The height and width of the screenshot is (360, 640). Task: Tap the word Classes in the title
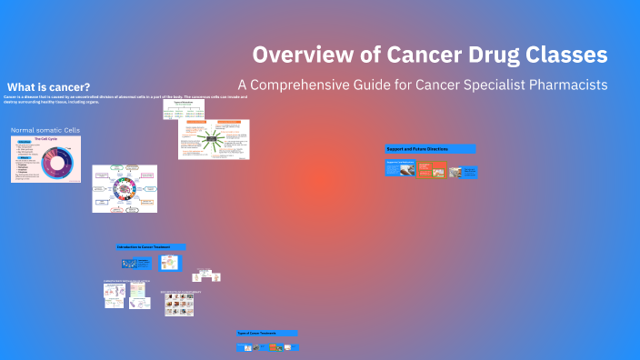pos(565,55)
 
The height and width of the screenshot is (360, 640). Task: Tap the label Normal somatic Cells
pos(46,131)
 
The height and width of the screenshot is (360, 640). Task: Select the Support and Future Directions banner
pos(430,148)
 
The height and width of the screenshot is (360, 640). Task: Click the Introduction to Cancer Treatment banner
pos(151,246)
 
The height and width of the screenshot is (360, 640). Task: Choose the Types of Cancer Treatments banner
pos(266,333)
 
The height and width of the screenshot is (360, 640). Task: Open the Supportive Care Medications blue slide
pos(399,169)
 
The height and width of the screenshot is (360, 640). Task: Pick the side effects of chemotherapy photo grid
pos(179,304)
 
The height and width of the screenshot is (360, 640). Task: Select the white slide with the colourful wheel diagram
pos(125,188)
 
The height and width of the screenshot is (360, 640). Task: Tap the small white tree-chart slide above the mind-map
pos(184,109)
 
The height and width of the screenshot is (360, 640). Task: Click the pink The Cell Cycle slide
pos(45,159)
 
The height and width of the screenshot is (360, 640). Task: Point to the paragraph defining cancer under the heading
pos(118,99)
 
